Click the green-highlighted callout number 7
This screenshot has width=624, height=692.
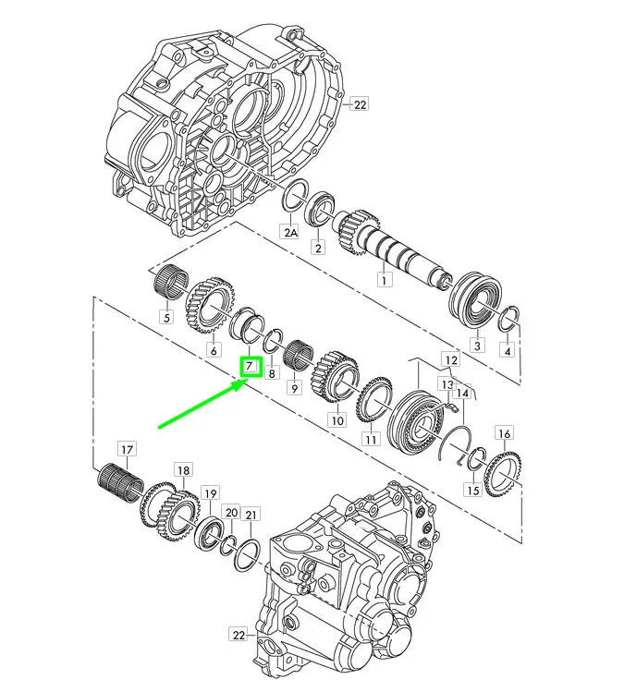(251, 367)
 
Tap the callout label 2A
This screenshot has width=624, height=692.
(290, 233)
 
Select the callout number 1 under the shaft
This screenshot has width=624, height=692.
(385, 280)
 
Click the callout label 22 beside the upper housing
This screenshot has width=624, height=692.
(360, 105)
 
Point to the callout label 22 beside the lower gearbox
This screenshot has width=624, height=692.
(238, 635)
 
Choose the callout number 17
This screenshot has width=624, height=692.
(127, 450)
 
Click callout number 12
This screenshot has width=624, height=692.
(450, 360)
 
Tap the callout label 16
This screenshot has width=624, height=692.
(505, 434)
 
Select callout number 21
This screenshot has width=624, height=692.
(251, 515)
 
